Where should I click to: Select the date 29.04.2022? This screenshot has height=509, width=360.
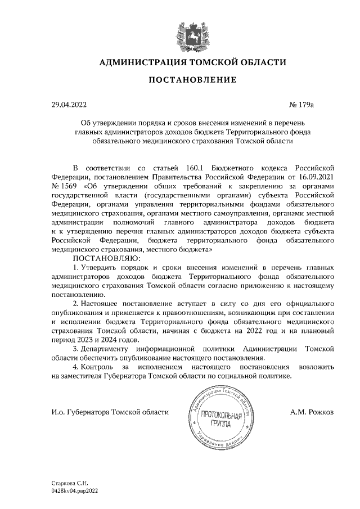[x=67, y=104]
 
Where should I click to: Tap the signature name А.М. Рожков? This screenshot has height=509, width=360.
[x=312, y=412]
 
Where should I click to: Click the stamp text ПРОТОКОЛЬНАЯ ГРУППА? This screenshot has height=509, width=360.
[x=220, y=418]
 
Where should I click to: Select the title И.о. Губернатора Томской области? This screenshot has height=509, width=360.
[x=110, y=412]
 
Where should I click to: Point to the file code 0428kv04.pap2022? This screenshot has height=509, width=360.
[x=78, y=490]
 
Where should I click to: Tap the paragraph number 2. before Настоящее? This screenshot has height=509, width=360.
[x=76, y=302]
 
